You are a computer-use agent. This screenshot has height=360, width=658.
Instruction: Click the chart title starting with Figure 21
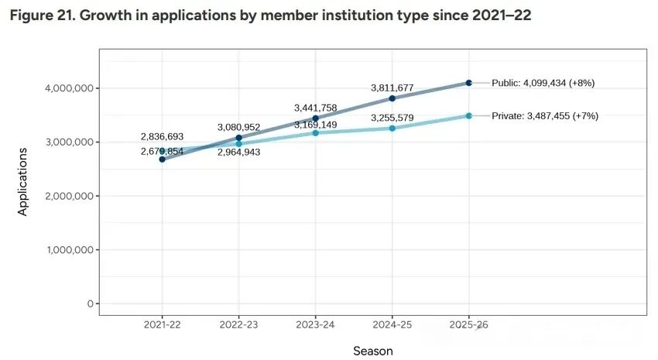click(270, 16)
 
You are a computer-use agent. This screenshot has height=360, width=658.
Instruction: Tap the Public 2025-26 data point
click(469, 83)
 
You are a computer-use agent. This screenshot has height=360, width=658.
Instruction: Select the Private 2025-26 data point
click(469, 116)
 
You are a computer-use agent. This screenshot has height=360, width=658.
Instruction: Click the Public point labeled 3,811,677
click(392, 98)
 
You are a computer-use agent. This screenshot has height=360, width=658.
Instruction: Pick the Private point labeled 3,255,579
click(392, 129)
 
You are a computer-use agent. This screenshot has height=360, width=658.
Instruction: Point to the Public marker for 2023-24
click(315, 118)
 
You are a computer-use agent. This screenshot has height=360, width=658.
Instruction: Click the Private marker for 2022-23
click(238, 144)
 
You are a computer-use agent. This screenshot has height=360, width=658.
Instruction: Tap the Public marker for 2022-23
click(238, 138)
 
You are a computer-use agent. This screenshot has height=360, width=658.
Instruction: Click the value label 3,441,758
click(315, 108)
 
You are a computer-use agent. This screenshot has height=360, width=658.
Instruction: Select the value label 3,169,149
click(315, 125)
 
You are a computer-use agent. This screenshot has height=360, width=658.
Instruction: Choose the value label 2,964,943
click(238, 153)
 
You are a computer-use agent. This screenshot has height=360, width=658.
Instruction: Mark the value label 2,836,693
click(162, 137)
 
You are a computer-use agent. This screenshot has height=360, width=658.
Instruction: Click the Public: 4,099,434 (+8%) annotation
click(543, 83)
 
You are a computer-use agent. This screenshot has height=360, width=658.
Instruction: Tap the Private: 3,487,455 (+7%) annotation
click(545, 116)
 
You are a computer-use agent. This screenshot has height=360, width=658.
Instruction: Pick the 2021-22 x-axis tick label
click(162, 326)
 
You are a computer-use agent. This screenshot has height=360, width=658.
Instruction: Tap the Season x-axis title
click(372, 351)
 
